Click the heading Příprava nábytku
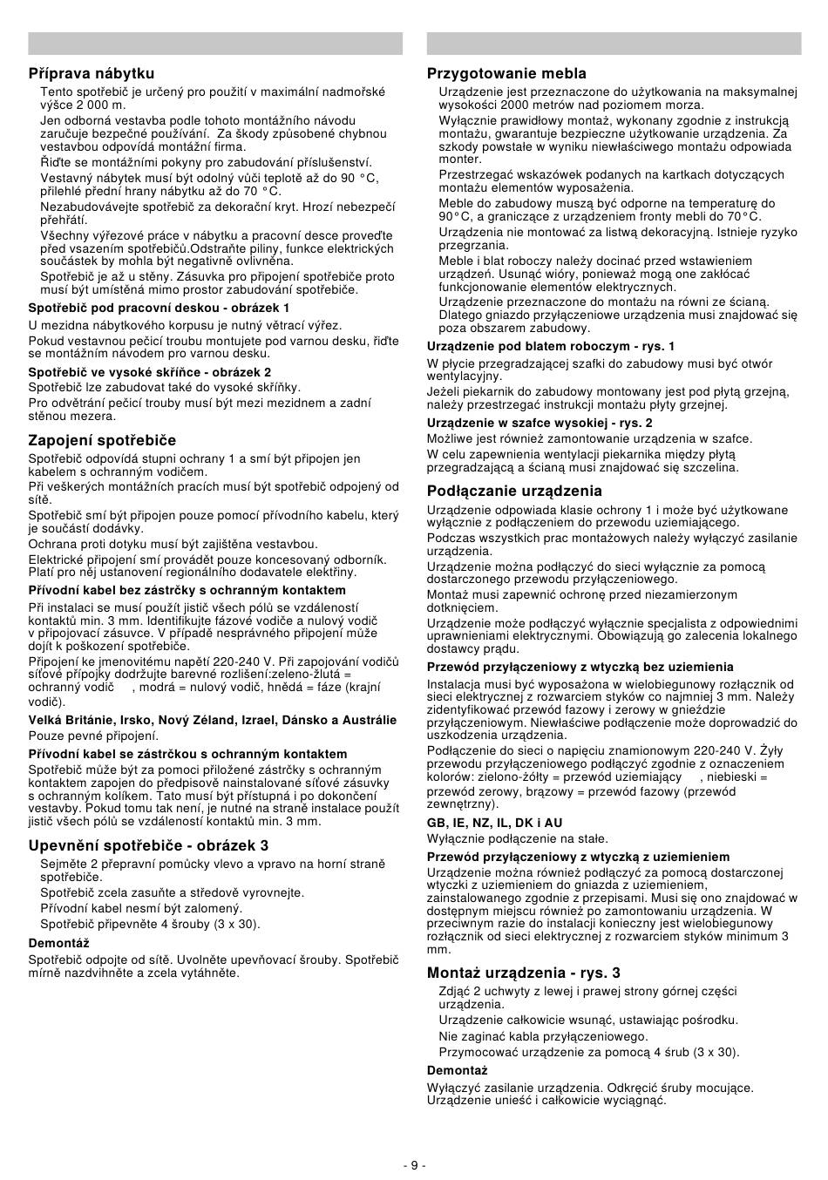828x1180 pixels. [91, 74]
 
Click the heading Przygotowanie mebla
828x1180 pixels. [506, 74]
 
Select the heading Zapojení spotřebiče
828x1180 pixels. [102, 441]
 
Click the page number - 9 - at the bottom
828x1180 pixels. [414, 1165]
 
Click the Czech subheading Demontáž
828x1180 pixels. [58, 943]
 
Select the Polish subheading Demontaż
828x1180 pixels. [457, 1070]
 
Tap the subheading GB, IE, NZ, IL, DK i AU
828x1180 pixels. [494, 823]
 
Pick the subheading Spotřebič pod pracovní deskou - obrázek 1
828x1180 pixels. [159, 308]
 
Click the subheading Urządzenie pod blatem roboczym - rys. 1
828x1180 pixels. [551, 346]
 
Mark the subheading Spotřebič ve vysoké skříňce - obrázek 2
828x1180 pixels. [149, 372]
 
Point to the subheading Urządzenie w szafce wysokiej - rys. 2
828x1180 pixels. [540, 423]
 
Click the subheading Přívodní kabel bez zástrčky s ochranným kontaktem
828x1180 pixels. [174, 591]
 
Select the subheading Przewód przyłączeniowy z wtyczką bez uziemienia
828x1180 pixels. [580, 667]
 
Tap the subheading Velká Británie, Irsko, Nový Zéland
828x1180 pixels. [212, 720]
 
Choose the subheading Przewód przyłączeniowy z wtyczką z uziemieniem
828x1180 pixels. [578, 857]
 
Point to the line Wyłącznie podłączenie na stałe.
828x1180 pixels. [505, 838]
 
